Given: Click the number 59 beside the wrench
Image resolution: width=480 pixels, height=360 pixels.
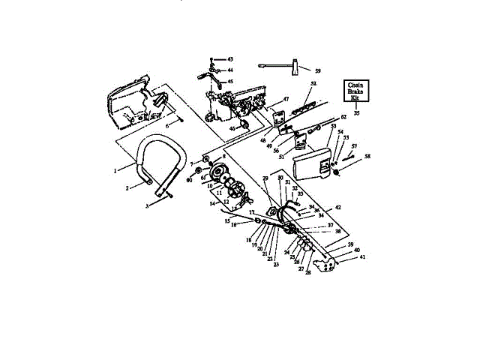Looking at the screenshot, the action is coord(318,70).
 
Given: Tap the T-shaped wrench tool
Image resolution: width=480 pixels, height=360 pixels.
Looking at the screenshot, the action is coord(285,66).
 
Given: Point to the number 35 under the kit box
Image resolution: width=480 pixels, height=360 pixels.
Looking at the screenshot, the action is coord(356,112).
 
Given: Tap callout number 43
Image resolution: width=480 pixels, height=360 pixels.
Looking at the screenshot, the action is coord(230,58).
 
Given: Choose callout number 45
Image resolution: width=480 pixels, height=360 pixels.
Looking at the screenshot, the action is coord(230,81).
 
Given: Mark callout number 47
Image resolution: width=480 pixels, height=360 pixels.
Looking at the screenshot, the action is coord(286,99).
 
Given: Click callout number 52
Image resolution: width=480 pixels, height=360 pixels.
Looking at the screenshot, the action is coord(313,83).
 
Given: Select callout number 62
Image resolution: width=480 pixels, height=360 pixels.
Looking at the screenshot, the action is coord(343,117).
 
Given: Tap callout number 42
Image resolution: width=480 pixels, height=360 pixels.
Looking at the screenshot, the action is coord(338,207).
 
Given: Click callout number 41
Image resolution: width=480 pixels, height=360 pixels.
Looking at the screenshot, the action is coord(363,257).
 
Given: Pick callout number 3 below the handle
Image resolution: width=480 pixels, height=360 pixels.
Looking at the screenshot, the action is coord(148,205).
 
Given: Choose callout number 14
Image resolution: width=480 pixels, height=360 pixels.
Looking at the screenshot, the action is coord(214,203).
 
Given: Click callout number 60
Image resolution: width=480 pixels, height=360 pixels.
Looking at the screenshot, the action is coord(188,179).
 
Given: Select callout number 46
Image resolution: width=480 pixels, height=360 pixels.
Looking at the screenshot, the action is coord(232,128).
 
